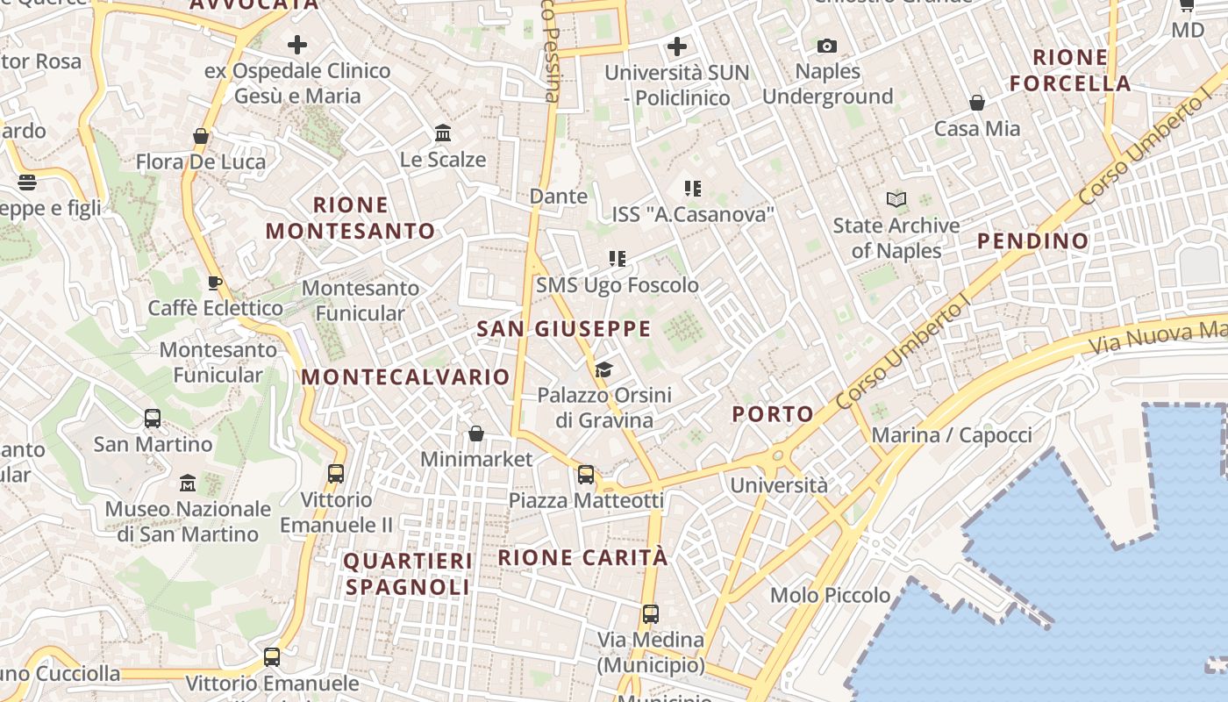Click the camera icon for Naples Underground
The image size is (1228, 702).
[x=826, y=46]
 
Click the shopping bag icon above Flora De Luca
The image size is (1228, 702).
[x=201, y=136]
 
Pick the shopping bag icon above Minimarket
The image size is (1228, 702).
[x=476, y=433]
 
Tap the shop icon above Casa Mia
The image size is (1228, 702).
[x=976, y=104]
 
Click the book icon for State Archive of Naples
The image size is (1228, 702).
[x=896, y=200]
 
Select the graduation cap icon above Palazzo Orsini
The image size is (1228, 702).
[x=603, y=369]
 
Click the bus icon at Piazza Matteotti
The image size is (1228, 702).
[x=586, y=475]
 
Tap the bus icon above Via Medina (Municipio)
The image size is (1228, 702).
[x=650, y=614]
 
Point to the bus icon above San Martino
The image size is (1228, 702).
[x=153, y=419]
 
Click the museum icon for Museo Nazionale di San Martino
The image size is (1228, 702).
[x=188, y=484]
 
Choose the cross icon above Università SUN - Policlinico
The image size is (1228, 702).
[x=677, y=46]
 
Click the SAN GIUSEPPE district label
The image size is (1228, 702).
[x=563, y=329]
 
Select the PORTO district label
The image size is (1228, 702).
[x=773, y=414]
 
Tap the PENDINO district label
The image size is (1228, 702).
[x=1032, y=240]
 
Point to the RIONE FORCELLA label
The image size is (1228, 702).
[x=1070, y=70]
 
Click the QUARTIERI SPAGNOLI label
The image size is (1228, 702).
[x=408, y=573]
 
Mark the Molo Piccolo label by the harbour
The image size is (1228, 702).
[x=830, y=596]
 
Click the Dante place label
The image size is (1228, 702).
[x=559, y=197]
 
